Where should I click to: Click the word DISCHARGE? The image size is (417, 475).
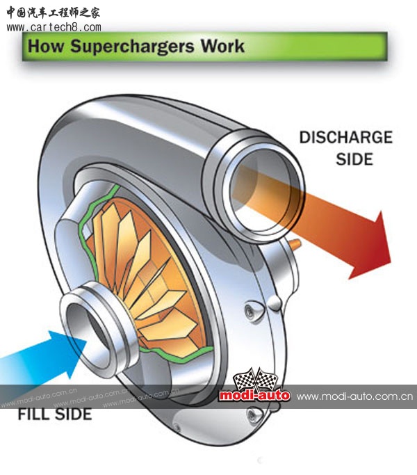click(x=345, y=137)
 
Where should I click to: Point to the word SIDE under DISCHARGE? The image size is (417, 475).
click(x=354, y=159)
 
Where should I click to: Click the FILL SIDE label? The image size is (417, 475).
click(x=54, y=414)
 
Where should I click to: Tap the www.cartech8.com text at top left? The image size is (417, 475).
click(x=53, y=27)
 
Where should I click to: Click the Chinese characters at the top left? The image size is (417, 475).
click(x=52, y=11)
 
